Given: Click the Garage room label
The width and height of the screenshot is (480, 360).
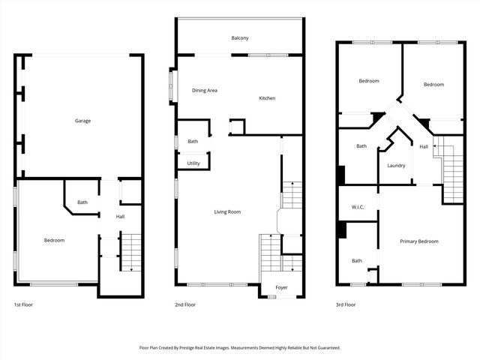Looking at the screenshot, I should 82,121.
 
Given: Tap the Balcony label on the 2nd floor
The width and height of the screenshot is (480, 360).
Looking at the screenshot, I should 240,37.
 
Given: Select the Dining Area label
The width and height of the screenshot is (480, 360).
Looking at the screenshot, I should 205,91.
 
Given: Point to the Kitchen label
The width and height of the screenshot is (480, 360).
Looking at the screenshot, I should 268,99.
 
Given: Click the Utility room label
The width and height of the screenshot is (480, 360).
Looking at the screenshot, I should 193,163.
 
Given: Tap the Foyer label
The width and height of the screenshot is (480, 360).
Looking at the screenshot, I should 281,287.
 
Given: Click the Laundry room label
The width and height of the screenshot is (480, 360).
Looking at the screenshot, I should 396,166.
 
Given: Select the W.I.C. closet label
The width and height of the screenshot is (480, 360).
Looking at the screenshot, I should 357,208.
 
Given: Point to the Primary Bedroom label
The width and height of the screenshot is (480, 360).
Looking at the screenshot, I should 418,241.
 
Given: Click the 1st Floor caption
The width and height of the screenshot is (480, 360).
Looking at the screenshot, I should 23,305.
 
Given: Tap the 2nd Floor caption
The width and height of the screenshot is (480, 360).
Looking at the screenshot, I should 185,305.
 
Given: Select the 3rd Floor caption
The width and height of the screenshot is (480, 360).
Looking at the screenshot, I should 346,305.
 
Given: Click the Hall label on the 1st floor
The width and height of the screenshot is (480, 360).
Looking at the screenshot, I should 120,217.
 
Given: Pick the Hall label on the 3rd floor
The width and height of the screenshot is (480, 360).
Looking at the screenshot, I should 424,146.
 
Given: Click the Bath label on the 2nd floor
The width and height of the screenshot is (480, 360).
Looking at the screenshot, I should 193,141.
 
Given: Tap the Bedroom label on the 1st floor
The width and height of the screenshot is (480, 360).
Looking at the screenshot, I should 54,241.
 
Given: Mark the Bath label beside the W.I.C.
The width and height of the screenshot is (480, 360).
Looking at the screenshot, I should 357,261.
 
